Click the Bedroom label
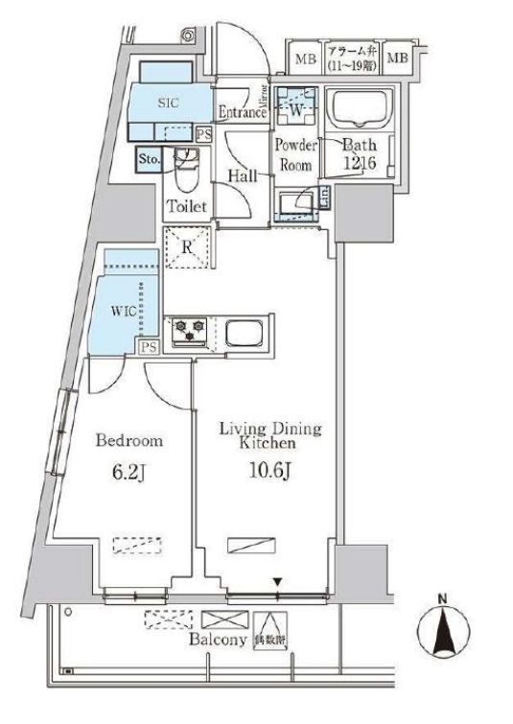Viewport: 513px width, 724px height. (x=130, y=441)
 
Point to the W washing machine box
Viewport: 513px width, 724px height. (x=294, y=108)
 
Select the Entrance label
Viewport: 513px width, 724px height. (x=242, y=112)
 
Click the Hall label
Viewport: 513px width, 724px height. (x=241, y=175)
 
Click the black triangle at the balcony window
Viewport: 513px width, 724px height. (x=277, y=580)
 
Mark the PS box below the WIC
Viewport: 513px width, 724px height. (x=149, y=347)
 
